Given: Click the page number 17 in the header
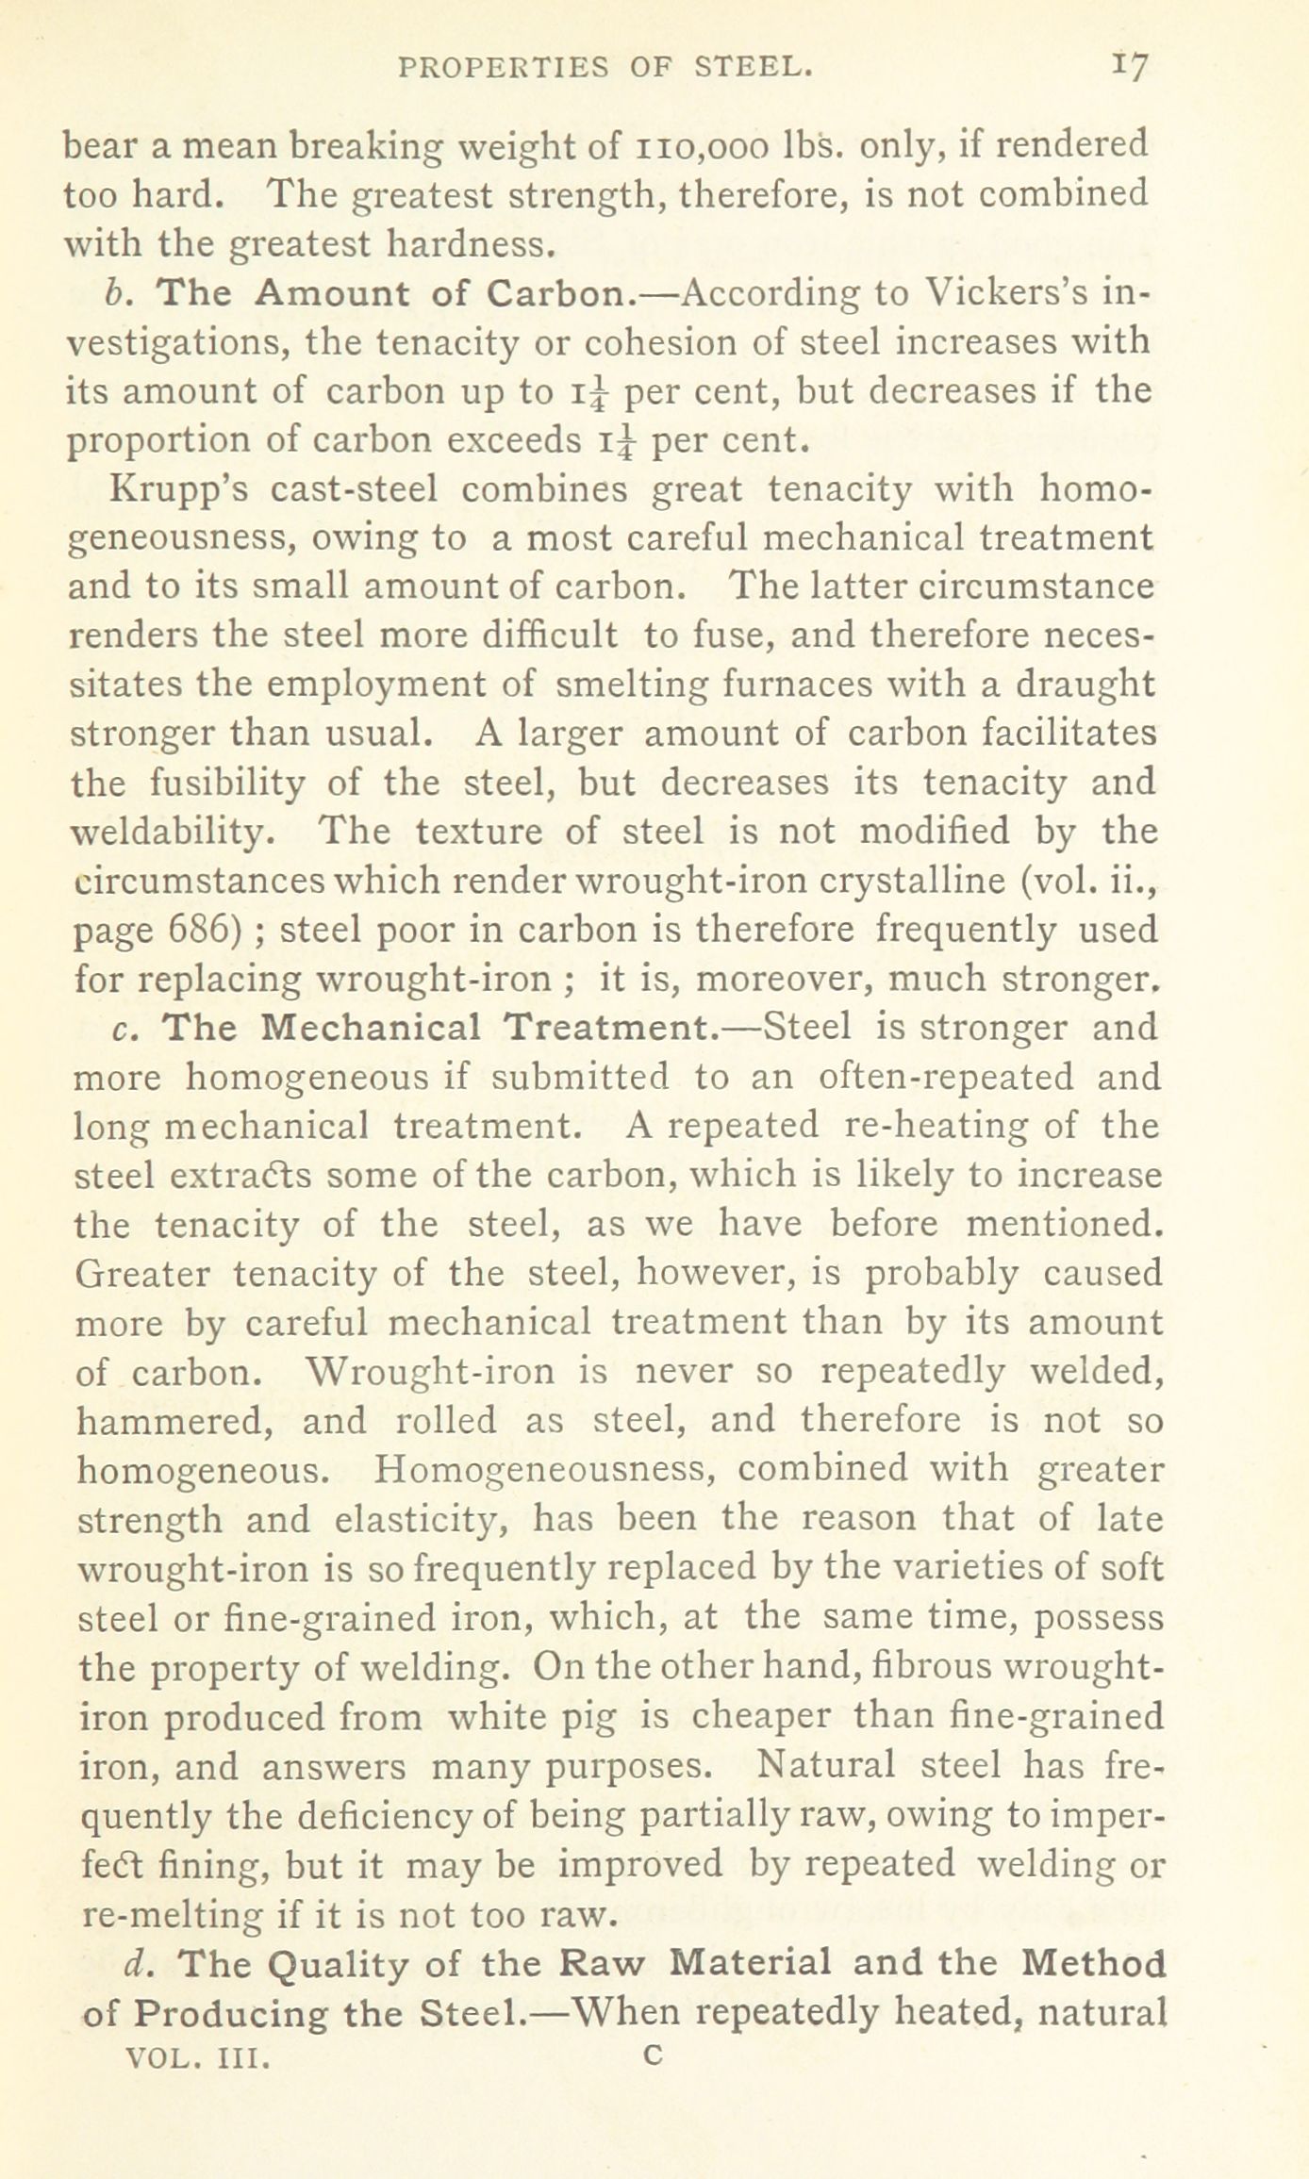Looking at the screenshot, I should [x=1128, y=68].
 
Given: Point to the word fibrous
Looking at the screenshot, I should [x=928, y=1667].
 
